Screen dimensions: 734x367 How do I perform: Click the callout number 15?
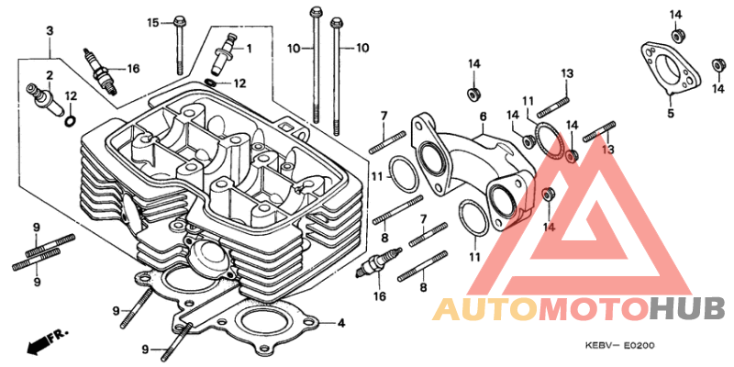153,22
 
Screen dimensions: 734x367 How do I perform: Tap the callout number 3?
50,31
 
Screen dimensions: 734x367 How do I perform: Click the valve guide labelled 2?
46,99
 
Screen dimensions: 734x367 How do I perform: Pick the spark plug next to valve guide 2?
100,71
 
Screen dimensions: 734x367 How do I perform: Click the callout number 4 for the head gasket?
341,323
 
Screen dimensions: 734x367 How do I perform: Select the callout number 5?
671,113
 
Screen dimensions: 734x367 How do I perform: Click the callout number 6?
484,117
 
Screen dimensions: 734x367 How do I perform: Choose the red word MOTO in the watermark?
595,309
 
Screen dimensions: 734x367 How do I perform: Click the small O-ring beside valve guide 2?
70,121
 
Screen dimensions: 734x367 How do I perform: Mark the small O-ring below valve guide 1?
211,83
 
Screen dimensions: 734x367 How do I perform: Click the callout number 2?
50,75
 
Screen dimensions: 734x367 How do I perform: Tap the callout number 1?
249,48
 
